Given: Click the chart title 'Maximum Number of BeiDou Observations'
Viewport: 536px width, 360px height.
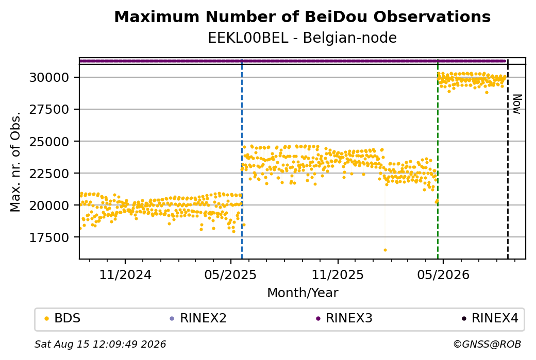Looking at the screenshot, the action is point(302,17).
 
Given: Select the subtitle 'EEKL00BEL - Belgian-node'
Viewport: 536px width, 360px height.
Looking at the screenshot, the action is point(302,38).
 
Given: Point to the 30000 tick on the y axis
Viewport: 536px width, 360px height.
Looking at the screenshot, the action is point(49,78).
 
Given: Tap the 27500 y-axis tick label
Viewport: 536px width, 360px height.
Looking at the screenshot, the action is point(49,109).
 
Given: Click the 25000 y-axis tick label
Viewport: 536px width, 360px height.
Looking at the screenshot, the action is point(49,142).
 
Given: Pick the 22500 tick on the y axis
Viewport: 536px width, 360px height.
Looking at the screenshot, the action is point(49,173).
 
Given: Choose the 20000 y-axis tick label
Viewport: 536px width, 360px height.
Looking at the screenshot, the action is point(49,205).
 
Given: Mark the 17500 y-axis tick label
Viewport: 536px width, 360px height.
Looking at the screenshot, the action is point(49,237).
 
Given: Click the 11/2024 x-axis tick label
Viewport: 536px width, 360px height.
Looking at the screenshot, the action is point(125,275).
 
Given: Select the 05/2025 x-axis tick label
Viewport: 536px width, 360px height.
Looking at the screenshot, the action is point(230,275).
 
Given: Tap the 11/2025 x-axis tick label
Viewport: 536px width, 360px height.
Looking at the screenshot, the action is point(338,275).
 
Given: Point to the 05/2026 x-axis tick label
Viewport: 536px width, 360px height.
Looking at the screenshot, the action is point(443,275).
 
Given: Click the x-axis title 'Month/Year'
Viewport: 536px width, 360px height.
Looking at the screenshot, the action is point(303,293).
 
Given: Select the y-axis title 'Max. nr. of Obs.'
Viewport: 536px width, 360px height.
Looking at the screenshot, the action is point(15,162).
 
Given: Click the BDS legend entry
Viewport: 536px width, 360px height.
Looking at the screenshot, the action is point(62,318).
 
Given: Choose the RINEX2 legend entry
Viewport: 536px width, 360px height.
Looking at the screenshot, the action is point(198,318).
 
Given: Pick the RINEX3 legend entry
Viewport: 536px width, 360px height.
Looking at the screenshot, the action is point(344,318).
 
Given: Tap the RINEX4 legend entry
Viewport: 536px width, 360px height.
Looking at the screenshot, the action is point(490,318).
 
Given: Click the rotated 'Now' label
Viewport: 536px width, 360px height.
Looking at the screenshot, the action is point(517,104).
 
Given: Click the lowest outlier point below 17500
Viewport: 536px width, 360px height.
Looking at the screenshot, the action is point(386,250).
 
